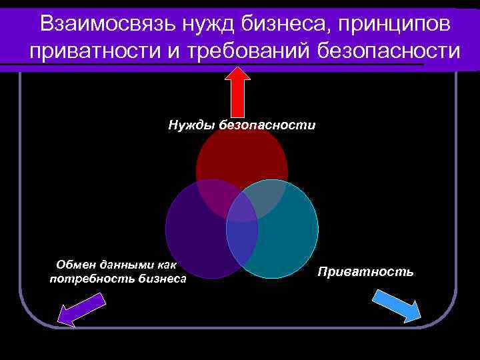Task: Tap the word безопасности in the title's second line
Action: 385,51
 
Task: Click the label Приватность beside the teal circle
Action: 365,271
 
